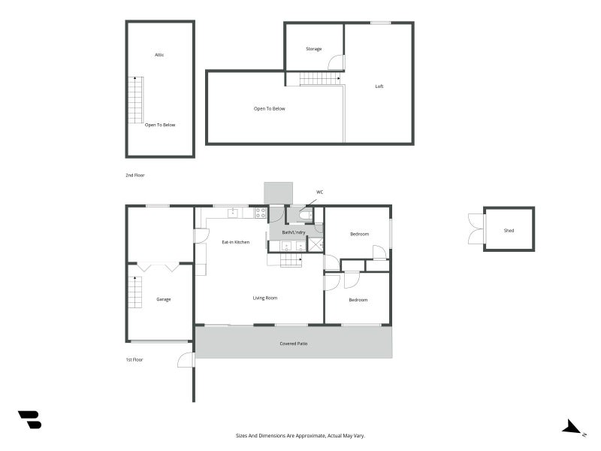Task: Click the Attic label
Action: (159, 55)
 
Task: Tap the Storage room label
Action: (313, 49)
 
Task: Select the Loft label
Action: (379, 86)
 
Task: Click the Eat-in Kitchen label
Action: (235, 242)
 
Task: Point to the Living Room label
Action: (264, 298)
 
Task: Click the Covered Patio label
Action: (294, 344)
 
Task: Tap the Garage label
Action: (163, 299)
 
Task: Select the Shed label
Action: (509, 230)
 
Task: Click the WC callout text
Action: (319, 192)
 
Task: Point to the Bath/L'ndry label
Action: (293, 232)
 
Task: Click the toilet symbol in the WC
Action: (304, 216)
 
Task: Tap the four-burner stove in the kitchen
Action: (261, 213)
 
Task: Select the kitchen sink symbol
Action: (233, 213)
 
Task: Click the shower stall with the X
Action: (316, 244)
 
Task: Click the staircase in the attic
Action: (135, 99)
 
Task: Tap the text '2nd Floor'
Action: (134, 175)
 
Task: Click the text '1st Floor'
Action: (134, 360)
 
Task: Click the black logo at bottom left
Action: (29, 419)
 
